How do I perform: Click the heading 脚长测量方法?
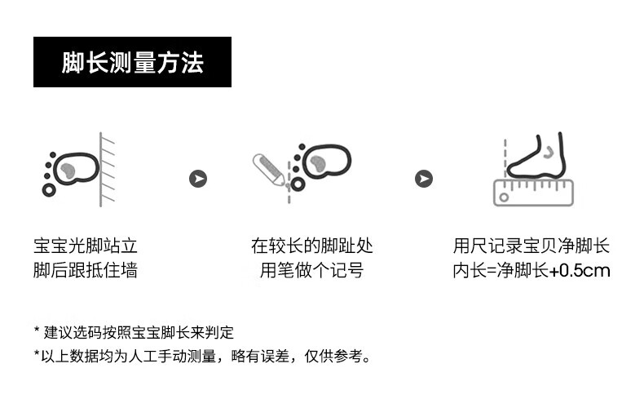click(132, 63)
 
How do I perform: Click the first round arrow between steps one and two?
click(198, 179)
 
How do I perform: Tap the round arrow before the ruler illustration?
click(424, 179)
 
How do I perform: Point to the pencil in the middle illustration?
click(269, 170)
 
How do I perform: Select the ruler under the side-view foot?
click(533, 193)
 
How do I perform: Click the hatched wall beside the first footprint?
click(106, 170)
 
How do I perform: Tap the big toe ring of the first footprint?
click(49, 190)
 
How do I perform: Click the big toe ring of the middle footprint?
click(298, 184)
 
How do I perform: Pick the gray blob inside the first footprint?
click(68, 170)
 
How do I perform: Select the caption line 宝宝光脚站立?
click(86, 246)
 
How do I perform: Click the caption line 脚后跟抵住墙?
click(86, 271)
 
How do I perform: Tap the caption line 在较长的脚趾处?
click(311, 246)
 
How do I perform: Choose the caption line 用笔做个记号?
click(311, 271)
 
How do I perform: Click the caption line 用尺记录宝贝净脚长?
click(532, 246)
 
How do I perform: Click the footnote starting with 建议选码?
click(134, 332)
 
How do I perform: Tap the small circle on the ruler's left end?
click(504, 197)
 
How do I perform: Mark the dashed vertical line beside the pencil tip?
click(289, 182)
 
